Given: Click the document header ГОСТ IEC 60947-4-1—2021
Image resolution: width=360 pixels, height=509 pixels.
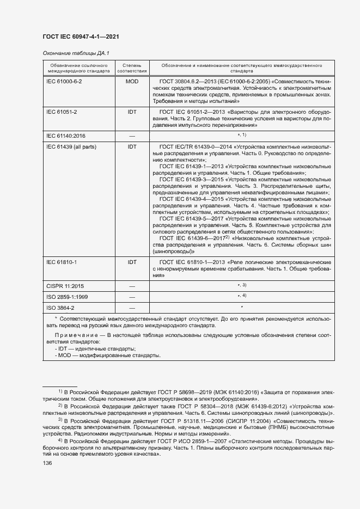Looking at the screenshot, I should pos(81,36).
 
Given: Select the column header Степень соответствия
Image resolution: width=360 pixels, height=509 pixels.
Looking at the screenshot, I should pos(132,68).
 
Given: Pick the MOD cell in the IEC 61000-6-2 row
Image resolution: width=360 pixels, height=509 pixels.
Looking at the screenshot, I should pos(132,81).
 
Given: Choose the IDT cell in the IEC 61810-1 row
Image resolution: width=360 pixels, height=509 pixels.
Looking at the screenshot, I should pos(132,262).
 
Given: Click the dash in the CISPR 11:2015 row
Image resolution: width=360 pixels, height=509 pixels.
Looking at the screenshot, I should pos(132,285).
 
